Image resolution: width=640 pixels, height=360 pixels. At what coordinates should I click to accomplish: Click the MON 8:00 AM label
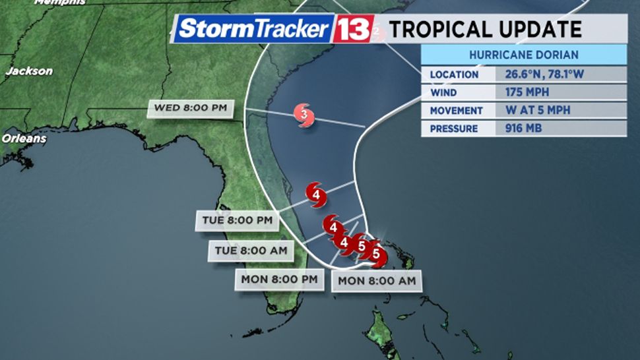pos(377,281)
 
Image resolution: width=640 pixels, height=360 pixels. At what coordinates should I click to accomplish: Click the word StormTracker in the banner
pos(253,29)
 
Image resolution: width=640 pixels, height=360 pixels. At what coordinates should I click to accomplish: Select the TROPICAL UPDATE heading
pos(485,30)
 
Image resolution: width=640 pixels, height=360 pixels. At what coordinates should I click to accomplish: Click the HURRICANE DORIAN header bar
pos(524,55)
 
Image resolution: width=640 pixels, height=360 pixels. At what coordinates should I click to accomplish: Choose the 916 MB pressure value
pos(525,129)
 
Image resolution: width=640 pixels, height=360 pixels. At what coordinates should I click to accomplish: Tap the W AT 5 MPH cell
pos(538,110)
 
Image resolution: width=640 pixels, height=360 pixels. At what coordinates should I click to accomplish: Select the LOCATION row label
pos(454,75)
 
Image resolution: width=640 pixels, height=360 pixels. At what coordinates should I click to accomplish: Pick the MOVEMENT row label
pos(457,110)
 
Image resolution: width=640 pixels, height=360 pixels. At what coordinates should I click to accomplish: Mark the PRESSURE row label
pos(455,129)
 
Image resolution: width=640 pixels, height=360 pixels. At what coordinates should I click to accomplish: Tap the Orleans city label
pos(24,139)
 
